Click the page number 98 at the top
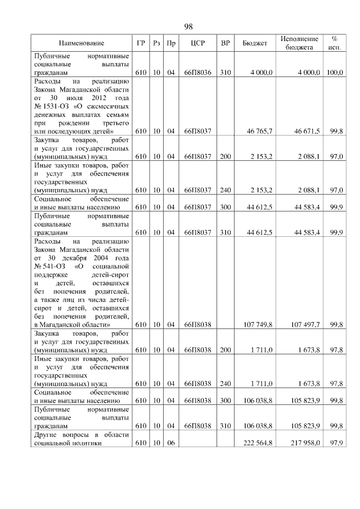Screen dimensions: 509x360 coord(188,27)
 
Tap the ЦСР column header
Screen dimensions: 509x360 coord(197,43)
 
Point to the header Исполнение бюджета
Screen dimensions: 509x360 coord(299,43)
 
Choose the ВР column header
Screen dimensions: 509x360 coord(226,43)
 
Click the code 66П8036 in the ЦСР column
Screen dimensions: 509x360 coord(197,73)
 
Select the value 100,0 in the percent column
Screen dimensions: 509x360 coord(336,73)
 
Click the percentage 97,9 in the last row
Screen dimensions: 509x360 coord(337,443)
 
